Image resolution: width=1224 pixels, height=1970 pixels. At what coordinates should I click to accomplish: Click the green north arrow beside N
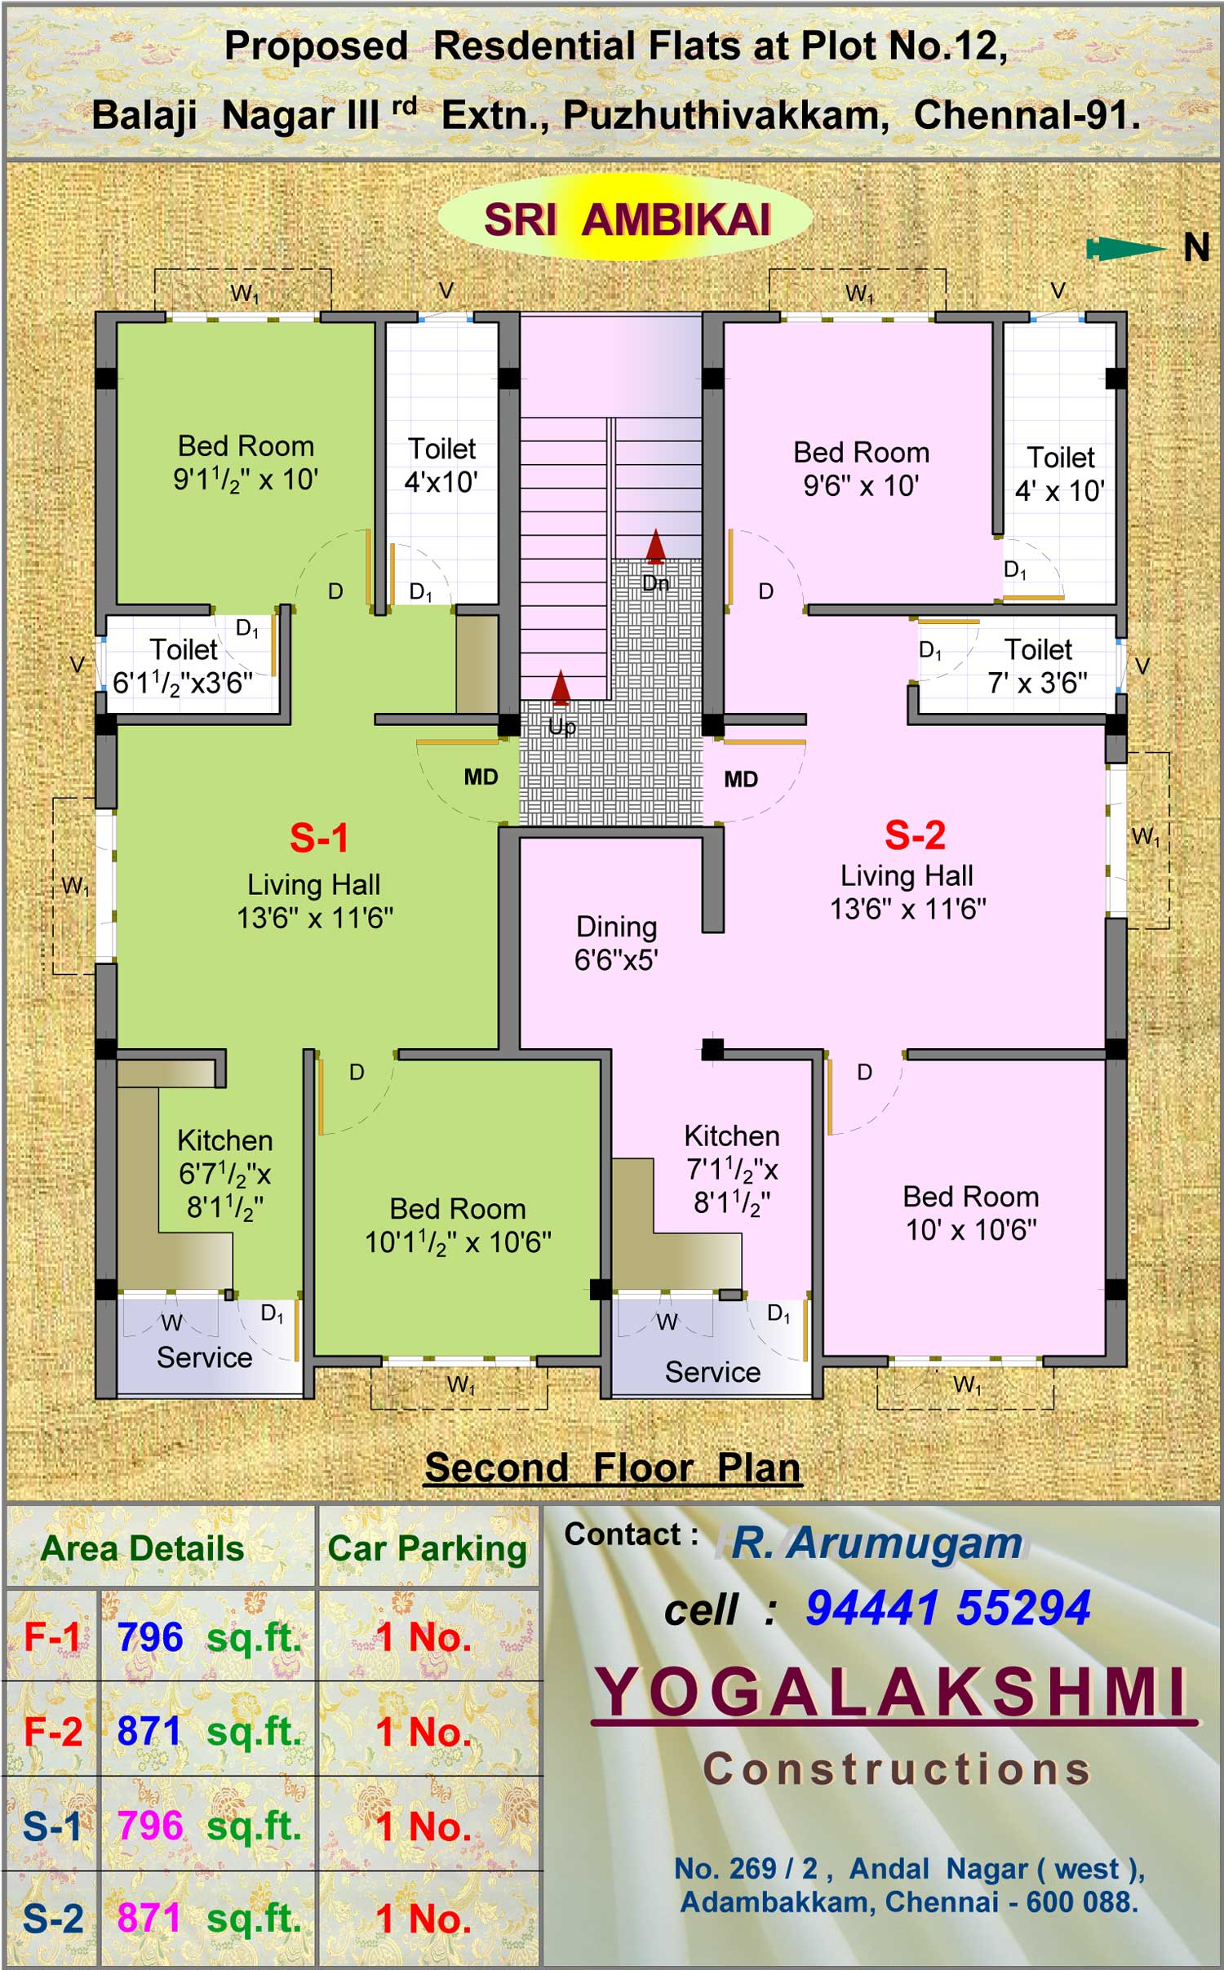click(1126, 249)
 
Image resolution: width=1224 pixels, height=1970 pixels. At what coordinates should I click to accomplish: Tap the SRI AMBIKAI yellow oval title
click(626, 219)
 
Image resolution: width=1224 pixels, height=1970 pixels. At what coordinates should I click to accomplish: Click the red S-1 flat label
click(319, 838)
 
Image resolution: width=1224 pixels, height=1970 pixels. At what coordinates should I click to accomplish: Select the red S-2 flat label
click(915, 835)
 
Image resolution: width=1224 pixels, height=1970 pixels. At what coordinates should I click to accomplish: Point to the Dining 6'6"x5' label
click(616, 943)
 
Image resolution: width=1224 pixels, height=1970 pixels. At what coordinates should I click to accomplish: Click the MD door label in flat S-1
click(481, 777)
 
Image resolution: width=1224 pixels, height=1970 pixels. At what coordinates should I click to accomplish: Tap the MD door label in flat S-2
click(741, 780)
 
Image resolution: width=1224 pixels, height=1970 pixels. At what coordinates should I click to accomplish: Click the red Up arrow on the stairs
click(561, 688)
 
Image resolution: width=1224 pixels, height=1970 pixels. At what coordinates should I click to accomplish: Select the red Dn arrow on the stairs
click(655, 547)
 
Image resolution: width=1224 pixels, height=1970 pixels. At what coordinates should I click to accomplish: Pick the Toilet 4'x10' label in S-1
click(441, 465)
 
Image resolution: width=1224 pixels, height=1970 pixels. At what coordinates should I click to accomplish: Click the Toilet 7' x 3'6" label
click(1038, 666)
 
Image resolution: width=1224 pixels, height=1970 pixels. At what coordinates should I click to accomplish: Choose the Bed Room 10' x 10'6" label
click(971, 1213)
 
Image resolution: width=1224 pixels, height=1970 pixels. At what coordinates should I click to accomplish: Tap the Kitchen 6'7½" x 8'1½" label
click(224, 1174)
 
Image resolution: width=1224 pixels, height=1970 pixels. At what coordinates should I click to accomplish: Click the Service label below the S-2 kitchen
click(712, 1372)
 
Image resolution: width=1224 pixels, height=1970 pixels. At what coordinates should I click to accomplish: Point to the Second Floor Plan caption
click(613, 1468)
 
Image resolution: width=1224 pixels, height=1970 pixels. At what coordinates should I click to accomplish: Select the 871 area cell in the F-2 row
click(149, 1729)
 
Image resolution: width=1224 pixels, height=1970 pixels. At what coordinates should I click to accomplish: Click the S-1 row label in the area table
click(52, 1826)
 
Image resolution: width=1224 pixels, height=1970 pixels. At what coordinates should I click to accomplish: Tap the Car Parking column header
click(428, 1548)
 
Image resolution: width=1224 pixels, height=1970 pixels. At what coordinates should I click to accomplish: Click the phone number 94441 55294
click(948, 1608)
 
